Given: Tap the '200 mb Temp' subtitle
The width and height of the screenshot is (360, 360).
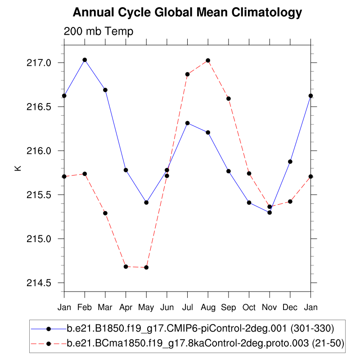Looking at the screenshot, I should click(x=99, y=31).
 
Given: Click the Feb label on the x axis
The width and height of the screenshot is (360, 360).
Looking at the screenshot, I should click(x=85, y=307).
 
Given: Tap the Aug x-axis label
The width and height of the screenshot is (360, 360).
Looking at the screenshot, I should click(x=208, y=307).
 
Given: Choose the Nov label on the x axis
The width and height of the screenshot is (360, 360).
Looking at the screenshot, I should click(x=270, y=307).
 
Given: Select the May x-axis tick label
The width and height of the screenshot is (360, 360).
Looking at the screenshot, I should click(x=146, y=307).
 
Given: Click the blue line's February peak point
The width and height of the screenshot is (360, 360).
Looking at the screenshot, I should click(x=85, y=60).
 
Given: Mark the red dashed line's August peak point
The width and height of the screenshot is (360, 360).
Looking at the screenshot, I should click(x=208, y=60).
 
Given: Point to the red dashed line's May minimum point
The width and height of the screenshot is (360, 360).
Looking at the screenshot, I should click(x=146, y=268).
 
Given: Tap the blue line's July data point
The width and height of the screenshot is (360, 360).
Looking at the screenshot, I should click(x=187, y=123).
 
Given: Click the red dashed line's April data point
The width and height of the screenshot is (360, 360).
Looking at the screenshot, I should click(x=126, y=267).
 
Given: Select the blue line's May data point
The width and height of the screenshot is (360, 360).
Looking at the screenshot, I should click(x=146, y=202).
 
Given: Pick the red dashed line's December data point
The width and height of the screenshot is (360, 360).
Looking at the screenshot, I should click(x=290, y=202).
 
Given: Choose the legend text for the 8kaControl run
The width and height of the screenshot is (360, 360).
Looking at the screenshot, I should click(x=206, y=343).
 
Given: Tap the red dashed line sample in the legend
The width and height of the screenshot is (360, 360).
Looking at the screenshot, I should click(x=48, y=343).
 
